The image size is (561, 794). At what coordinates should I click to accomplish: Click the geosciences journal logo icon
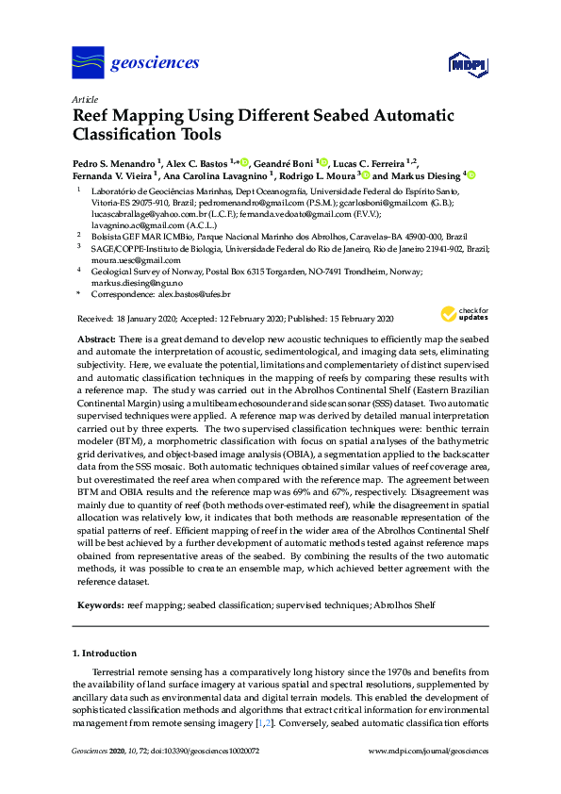point(87,63)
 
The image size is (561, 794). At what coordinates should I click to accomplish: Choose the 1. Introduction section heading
point(104,653)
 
